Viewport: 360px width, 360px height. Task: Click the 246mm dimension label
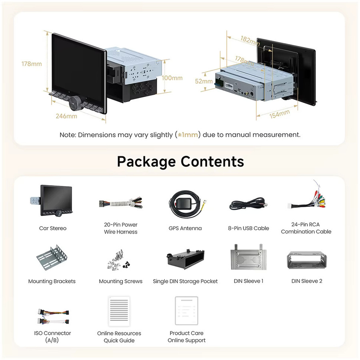point(66,116)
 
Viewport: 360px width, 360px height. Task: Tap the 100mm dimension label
point(172,78)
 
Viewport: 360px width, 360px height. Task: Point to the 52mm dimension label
point(204,81)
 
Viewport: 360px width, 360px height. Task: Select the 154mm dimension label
point(280,114)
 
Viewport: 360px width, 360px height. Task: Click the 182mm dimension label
point(250,41)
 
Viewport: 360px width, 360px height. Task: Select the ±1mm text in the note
point(188,134)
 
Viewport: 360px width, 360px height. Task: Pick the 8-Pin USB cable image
point(248,204)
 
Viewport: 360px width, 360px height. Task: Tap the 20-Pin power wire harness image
point(121,203)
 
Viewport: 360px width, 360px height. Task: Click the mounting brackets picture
point(52,258)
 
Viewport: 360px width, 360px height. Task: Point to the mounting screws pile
point(118,260)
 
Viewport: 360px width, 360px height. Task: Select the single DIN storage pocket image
point(186,259)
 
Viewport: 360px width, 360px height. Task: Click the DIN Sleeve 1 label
point(248,281)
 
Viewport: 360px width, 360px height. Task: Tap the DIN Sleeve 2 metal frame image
point(307,260)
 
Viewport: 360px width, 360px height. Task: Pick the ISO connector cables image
point(53,317)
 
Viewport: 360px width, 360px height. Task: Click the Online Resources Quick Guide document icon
point(119,311)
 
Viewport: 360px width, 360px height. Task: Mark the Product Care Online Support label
point(186,337)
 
